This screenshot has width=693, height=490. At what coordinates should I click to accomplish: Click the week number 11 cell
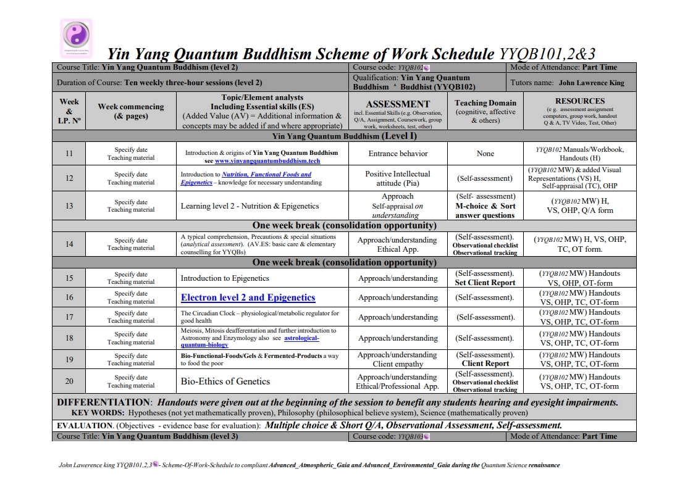(69, 154)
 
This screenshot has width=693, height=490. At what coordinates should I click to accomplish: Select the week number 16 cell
(69, 297)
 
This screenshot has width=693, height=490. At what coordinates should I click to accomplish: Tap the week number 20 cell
(69, 381)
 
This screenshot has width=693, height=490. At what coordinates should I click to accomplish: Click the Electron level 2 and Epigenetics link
(248, 297)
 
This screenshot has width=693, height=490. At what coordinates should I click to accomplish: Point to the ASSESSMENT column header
(398, 104)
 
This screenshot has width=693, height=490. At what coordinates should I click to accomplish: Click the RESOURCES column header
(579, 101)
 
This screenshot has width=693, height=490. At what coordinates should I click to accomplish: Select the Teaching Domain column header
(485, 103)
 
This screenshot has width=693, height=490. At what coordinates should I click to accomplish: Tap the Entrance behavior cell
(398, 154)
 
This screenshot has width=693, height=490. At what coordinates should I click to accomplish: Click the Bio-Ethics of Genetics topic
(225, 381)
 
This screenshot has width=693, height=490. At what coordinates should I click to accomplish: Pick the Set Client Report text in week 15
(485, 283)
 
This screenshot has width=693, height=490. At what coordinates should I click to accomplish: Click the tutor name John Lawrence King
(591, 82)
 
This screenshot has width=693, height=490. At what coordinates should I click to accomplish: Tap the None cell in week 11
(485, 154)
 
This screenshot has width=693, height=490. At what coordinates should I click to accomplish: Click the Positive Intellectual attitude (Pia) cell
(398, 178)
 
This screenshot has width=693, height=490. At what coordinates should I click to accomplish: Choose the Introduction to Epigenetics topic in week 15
(225, 278)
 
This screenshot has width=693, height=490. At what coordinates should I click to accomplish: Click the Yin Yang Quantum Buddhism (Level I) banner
(344, 136)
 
